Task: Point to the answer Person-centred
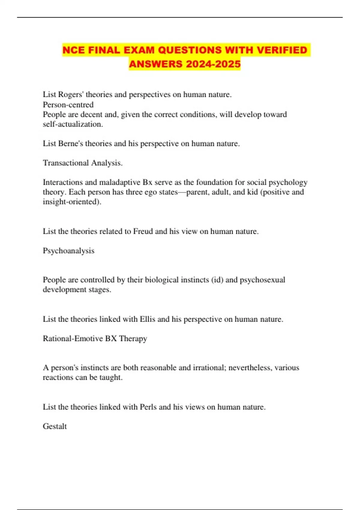click(x=68, y=105)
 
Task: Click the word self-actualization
click(x=73, y=124)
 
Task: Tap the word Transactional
click(x=66, y=163)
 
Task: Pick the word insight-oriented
click(x=72, y=202)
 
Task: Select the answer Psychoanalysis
click(x=68, y=251)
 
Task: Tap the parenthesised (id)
click(x=217, y=280)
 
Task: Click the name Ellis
click(x=147, y=319)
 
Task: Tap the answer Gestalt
click(x=55, y=426)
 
